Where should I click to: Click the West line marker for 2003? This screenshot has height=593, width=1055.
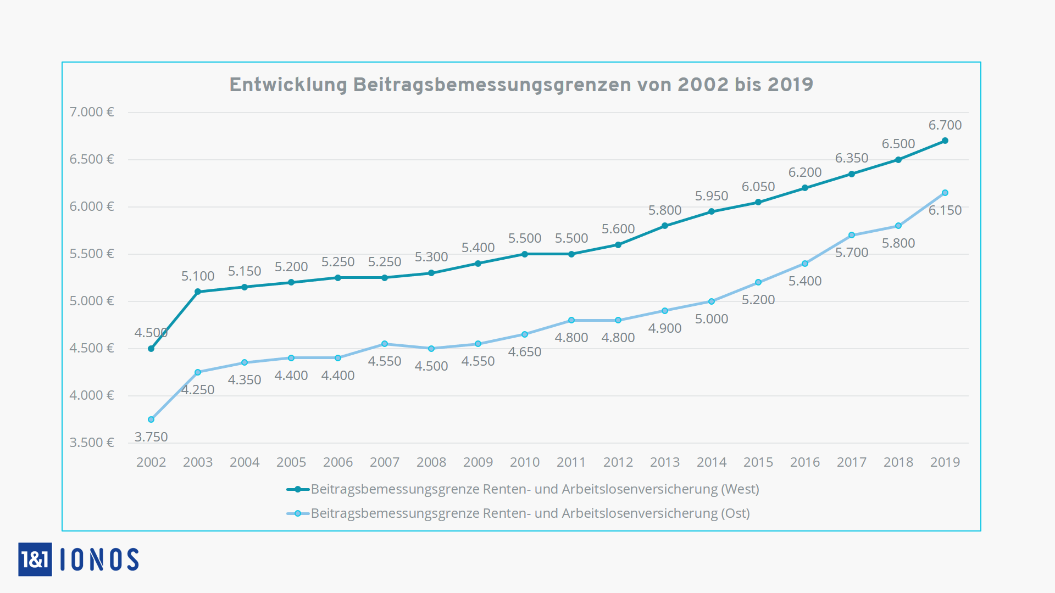198,292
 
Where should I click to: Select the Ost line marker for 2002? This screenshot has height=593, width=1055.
151,419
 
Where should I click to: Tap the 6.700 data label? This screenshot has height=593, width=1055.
945,125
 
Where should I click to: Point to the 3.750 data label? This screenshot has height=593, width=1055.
151,437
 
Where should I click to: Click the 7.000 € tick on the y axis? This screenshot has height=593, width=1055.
92,112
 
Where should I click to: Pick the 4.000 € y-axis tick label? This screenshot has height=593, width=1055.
92,395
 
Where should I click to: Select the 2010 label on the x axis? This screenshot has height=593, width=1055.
525,462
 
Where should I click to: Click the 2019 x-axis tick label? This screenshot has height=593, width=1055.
945,462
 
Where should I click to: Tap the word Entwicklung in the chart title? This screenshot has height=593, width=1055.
288,85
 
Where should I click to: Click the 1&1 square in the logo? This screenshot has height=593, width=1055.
35,560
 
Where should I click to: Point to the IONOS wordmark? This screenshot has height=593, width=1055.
99,560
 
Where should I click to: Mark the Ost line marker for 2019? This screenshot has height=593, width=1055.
945,193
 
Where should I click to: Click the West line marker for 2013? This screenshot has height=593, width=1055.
665,226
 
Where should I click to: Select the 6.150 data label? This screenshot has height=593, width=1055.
945,210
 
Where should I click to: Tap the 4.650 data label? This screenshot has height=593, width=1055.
525,352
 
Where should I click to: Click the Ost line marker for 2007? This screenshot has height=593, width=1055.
385,344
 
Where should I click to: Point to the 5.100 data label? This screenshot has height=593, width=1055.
198,276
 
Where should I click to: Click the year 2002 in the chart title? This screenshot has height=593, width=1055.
703,85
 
